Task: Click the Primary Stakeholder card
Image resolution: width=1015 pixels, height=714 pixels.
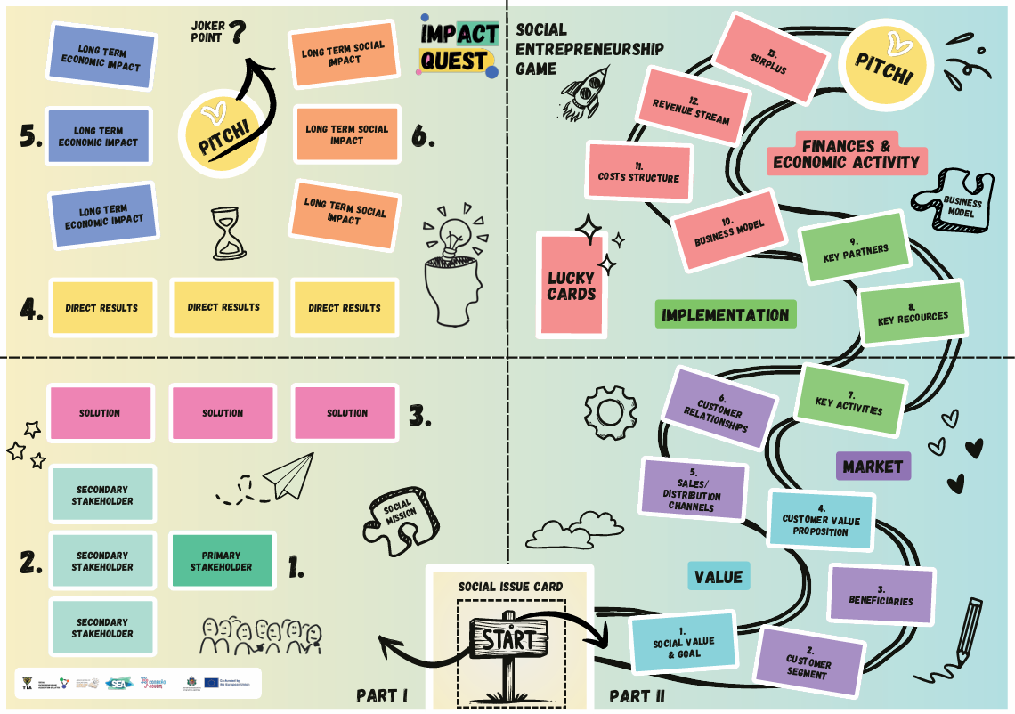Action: pos(221,560)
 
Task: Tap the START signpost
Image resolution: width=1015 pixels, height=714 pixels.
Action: pos(510,638)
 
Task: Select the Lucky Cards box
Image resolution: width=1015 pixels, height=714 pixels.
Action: pos(571,285)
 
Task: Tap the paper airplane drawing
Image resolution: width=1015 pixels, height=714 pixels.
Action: pos(288,476)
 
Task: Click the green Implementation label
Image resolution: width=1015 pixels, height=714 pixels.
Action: pos(725,315)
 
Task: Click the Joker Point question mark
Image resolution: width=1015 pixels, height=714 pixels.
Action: pos(237,35)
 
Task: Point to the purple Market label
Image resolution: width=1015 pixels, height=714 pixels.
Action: pos(873,467)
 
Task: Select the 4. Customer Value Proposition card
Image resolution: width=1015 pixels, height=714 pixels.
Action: pos(821,519)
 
